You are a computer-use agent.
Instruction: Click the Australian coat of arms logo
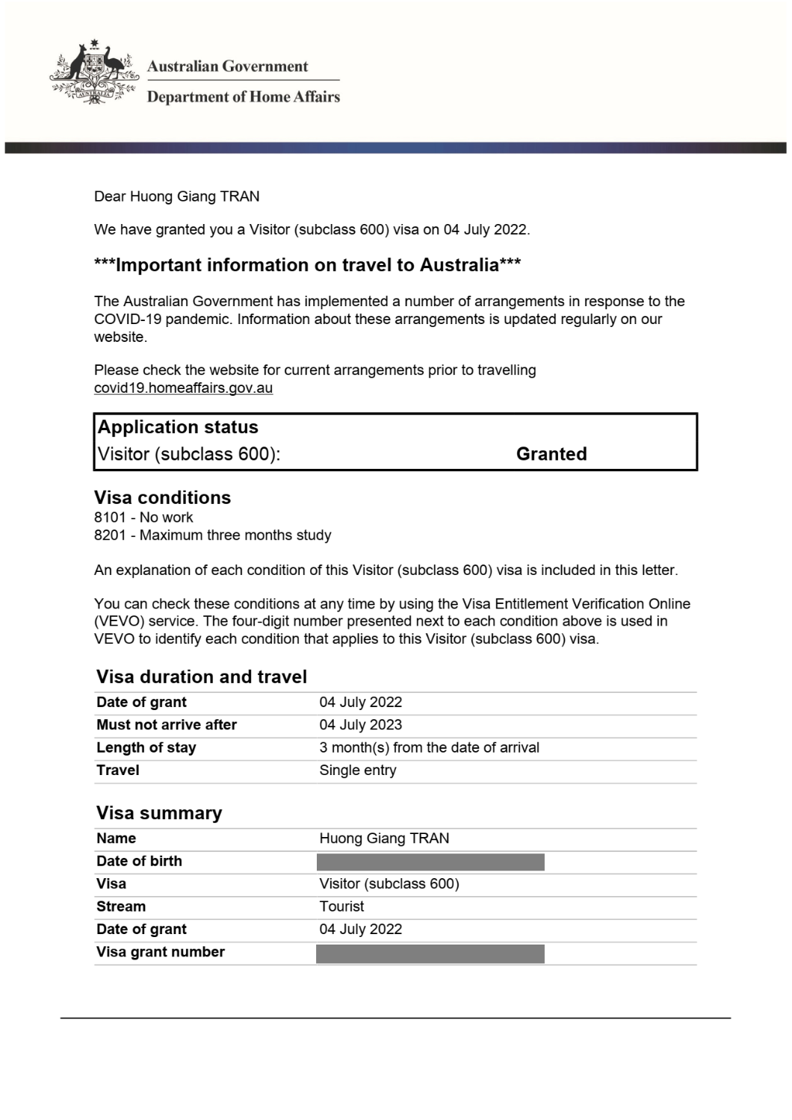(x=94, y=72)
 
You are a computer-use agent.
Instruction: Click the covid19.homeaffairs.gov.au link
(x=183, y=388)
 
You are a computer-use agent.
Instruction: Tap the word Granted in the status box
(x=551, y=454)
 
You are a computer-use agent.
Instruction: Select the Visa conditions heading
(x=162, y=498)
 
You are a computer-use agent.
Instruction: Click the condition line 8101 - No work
(x=143, y=517)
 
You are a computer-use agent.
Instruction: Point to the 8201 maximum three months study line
(x=212, y=535)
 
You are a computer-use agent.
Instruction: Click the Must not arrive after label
(x=166, y=725)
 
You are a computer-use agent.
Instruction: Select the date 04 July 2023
(x=360, y=725)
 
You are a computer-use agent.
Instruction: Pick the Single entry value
(x=357, y=771)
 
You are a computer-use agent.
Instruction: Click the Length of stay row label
(x=146, y=748)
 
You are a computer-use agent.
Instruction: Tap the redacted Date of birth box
(x=430, y=862)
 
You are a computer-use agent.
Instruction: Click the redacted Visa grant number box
(x=430, y=953)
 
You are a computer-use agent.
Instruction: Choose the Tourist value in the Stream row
(x=341, y=906)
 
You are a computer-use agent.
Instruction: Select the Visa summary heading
(x=159, y=813)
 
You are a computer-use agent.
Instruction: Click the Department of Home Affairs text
(x=243, y=97)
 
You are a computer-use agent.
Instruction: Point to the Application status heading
(x=178, y=427)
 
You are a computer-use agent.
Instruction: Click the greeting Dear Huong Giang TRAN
(x=176, y=197)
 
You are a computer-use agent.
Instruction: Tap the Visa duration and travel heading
(x=202, y=677)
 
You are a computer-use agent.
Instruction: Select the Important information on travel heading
(x=307, y=265)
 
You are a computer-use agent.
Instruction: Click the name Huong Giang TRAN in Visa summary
(x=384, y=839)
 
